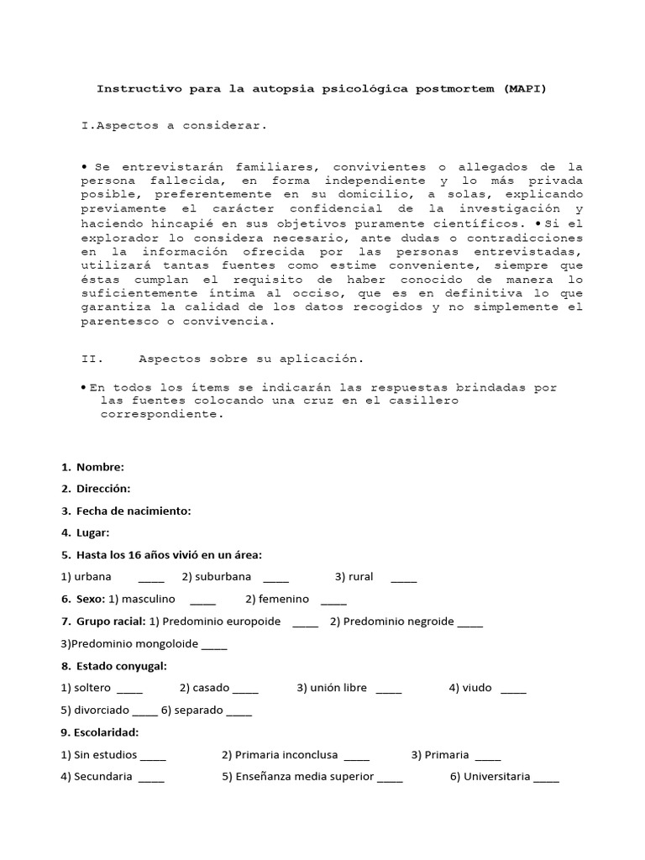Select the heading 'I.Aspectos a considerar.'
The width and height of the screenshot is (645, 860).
click(174, 125)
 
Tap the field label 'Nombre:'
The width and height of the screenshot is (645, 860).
click(100, 467)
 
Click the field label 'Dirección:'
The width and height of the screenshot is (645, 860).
click(103, 489)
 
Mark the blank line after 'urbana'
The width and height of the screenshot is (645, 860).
click(151, 579)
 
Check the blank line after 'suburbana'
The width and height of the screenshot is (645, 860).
click(275, 579)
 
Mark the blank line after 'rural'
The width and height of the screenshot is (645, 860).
click(403, 579)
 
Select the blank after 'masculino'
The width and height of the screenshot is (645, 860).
click(202, 600)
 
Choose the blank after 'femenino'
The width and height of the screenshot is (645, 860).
click(333, 600)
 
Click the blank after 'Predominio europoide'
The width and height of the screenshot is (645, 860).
click(306, 623)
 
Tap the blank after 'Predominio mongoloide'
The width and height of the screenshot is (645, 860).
click(214, 646)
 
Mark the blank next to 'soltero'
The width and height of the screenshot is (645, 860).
click(130, 690)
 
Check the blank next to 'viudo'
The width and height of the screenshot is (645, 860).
click(513, 690)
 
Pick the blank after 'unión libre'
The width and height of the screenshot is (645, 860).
click(389, 690)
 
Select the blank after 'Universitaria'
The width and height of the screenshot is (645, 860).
click(546, 779)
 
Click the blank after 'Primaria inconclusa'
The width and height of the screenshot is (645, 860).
click(356, 756)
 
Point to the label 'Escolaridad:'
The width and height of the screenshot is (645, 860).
click(106, 732)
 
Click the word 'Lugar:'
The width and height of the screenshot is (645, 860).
click(92, 532)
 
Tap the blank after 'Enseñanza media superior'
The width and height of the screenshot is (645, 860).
click(390, 779)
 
